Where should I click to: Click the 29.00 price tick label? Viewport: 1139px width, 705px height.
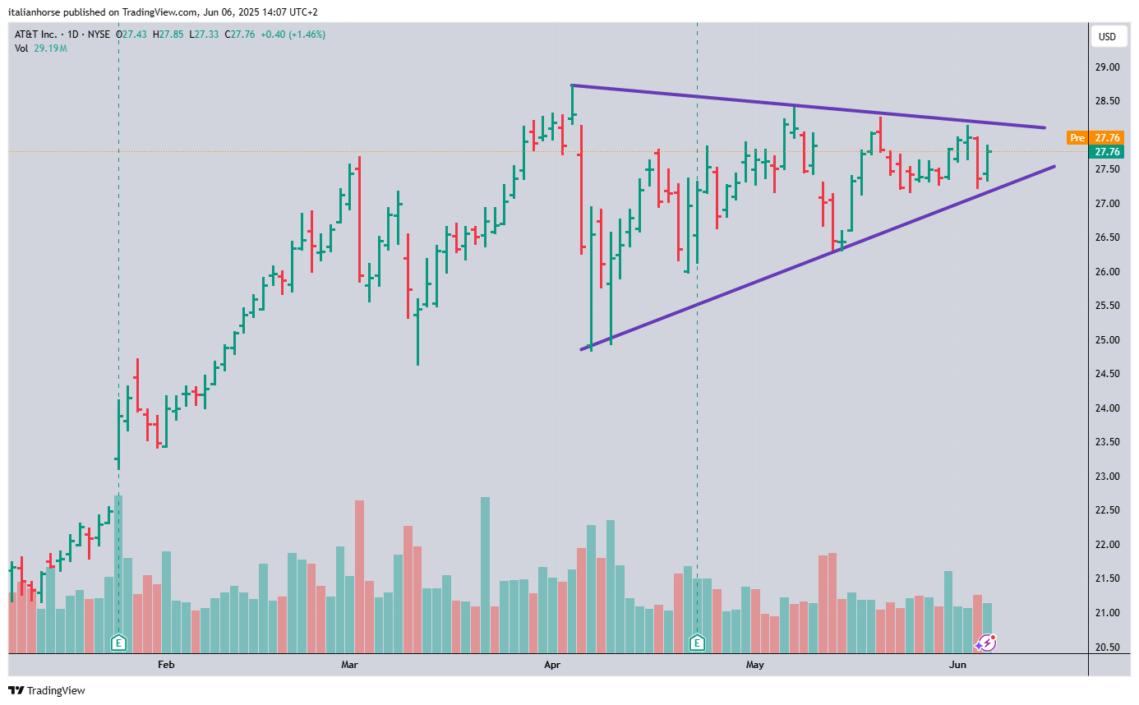click(x=1108, y=67)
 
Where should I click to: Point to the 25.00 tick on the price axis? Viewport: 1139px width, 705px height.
click(x=1108, y=340)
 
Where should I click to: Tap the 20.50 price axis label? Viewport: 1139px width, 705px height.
click(x=1108, y=647)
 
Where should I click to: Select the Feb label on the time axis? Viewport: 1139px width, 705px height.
click(x=166, y=664)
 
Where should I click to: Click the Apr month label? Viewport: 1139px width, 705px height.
click(x=551, y=664)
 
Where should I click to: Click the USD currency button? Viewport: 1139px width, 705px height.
click(x=1107, y=36)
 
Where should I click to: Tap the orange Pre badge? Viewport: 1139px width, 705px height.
click(x=1077, y=138)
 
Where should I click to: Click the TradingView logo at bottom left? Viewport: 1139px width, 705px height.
click(x=47, y=691)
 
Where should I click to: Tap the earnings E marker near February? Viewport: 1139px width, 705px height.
click(x=119, y=643)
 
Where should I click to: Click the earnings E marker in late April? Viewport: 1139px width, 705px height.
click(x=698, y=643)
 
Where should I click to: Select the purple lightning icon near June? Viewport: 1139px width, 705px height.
click(x=986, y=643)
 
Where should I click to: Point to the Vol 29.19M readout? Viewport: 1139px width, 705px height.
click(x=40, y=48)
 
